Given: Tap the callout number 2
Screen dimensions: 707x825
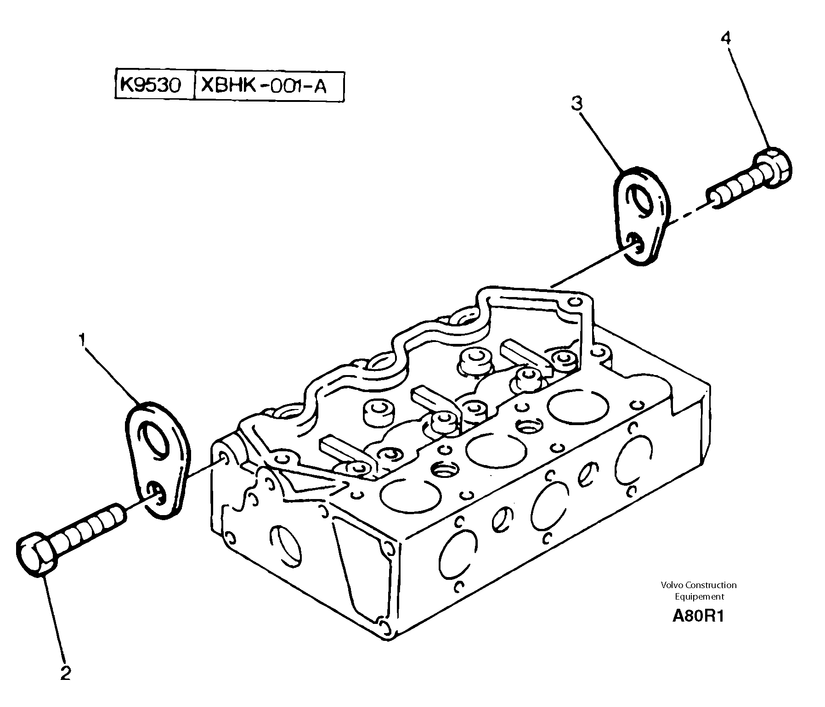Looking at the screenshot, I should click(66, 673).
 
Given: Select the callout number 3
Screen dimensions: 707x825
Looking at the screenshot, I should click(576, 104).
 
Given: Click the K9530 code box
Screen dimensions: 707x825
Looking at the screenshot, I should click(151, 85).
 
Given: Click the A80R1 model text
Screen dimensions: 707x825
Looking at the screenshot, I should click(698, 617).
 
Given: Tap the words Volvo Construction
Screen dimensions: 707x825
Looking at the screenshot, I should click(699, 585).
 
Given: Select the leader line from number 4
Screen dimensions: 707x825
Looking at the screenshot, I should click(748, 96).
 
